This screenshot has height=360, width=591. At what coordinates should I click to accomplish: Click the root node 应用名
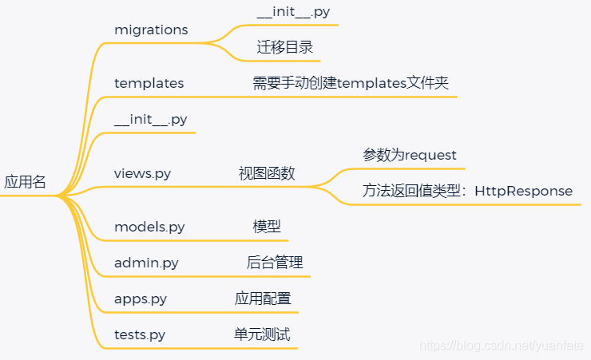pos(26,182)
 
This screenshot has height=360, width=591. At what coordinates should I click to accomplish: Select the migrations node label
pos(151,30)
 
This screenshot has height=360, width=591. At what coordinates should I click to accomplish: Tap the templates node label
pos(149,83)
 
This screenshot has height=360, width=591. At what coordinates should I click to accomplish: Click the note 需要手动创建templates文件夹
pos(351,83)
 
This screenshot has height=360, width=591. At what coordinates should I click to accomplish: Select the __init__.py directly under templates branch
pos(151,120)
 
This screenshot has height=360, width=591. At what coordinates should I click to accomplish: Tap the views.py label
pos(142,173)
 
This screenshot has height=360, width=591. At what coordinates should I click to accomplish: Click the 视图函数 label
pos(267,173)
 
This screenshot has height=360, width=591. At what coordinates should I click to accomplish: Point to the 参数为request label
pos(410,155)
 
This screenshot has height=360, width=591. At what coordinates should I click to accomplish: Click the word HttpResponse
pos(523,191)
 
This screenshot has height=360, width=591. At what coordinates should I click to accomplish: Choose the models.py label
pos(149,227)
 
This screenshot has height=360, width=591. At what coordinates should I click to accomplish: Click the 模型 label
pos(267,227)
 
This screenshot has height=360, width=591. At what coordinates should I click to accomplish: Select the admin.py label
pos(146,263)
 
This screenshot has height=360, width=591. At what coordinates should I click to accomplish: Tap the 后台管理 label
pos(275,263)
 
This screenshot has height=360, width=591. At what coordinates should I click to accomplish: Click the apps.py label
pos(141,299)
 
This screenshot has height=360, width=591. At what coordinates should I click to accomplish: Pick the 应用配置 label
pos(263,299)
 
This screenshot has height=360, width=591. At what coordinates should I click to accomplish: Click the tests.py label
pos(140,334)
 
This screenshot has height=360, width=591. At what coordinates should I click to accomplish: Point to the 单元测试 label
pos(257,334)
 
